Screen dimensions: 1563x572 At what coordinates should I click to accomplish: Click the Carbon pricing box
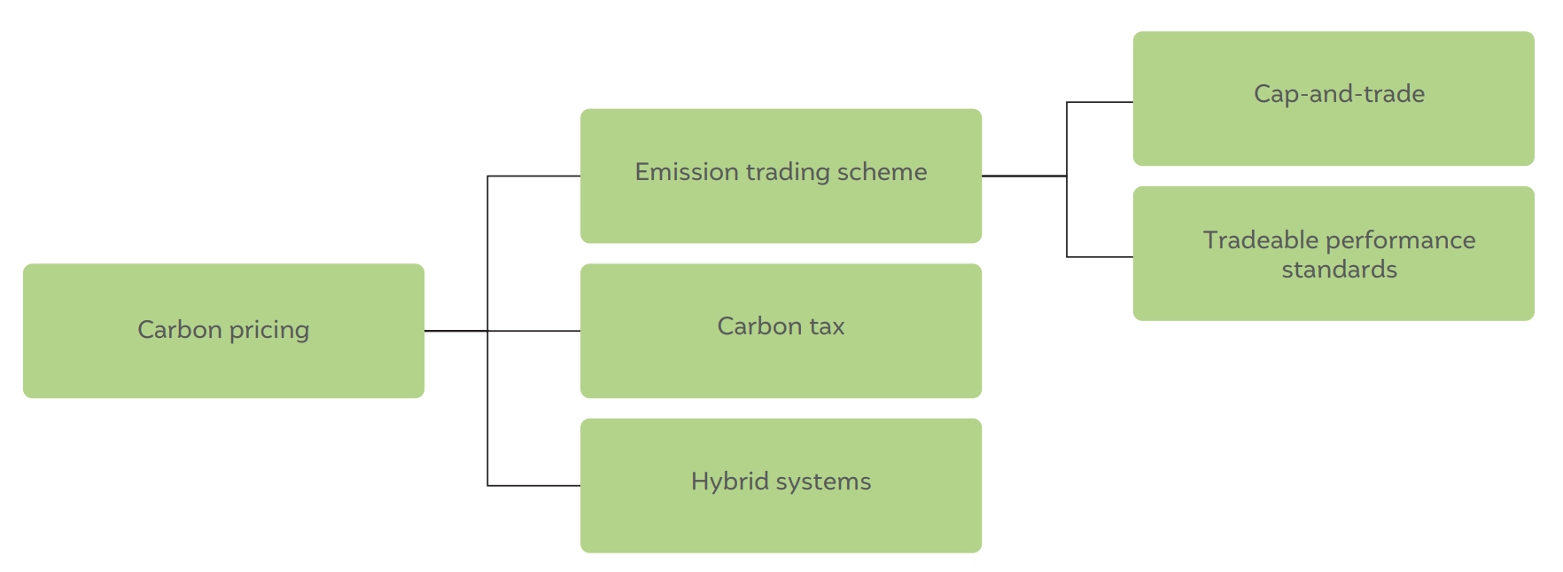(223, 331)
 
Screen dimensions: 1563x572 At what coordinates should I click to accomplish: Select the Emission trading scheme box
(781, 176)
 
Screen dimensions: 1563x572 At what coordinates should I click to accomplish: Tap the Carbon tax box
(781, 331)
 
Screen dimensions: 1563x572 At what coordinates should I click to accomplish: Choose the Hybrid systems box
(781, 486)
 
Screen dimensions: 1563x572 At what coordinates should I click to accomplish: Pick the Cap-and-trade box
(1334, 98)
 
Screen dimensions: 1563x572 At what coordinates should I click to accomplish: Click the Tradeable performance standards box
(1334, 254)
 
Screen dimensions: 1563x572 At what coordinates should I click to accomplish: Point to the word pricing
(269, 331)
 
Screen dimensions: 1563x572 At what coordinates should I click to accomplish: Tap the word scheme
(886, 171)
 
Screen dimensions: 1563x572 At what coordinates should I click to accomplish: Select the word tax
(827, 326)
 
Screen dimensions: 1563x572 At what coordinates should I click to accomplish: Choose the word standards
(1339, 270)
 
